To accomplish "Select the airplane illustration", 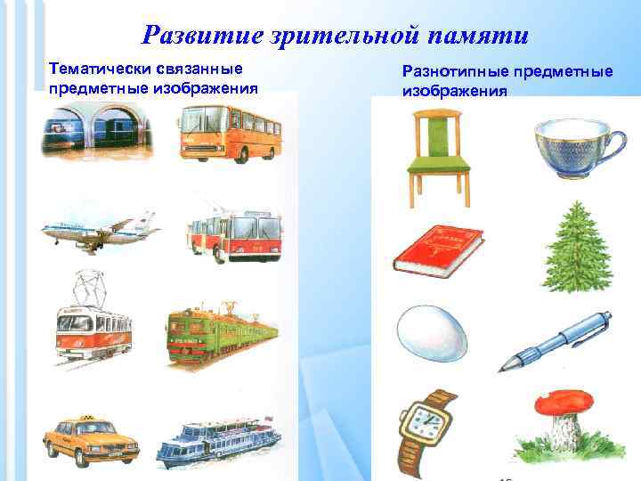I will (x=98, y=231).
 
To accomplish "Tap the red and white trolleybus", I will (x=233, y=234).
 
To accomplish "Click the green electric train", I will (x=221, y=333).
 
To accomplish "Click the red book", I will (x=438, y=250).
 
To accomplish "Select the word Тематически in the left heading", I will (x=95, y=69).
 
